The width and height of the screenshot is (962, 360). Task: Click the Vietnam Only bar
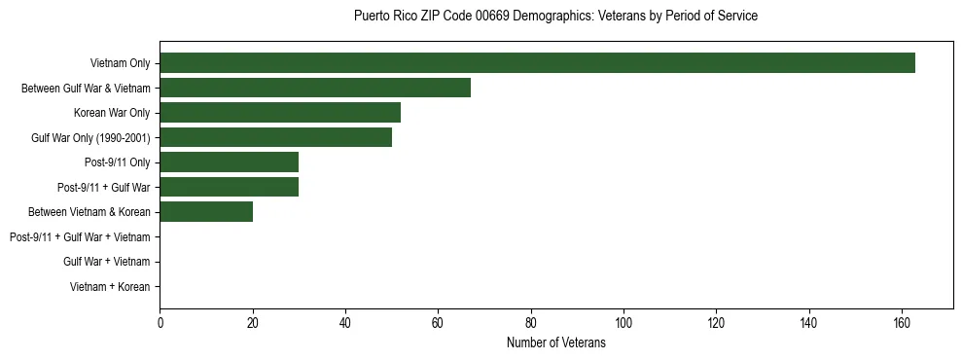coord(537,63)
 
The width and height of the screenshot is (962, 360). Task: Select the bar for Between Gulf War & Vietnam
coord(315,88)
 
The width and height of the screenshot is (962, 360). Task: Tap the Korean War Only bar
coord(280,113)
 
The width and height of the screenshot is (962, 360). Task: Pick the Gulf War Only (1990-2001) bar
coord(275,137)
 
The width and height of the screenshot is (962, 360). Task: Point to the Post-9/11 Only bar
coord(229,162)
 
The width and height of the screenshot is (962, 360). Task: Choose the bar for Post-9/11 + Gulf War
coord(229,187)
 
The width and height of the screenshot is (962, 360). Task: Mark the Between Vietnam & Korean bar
coord(206,212)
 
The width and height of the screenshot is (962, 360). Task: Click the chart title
coord(555,16)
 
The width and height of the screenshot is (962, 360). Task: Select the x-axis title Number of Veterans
coord(555,342)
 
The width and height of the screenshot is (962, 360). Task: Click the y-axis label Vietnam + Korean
coord(110,286)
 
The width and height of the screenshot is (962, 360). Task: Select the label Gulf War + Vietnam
coord(107,262)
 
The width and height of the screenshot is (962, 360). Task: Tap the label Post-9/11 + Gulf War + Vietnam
coord(80,236)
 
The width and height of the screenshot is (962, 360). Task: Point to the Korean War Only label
coord(112,113)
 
